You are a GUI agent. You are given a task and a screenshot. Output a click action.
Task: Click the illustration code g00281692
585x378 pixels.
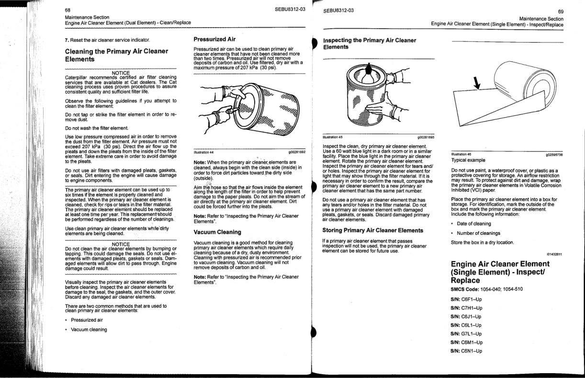(x=297, y=152)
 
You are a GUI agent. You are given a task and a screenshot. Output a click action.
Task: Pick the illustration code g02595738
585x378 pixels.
(x=554, y=154)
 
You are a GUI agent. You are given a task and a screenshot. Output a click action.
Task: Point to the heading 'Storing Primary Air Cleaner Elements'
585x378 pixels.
(x=374, y=230)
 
